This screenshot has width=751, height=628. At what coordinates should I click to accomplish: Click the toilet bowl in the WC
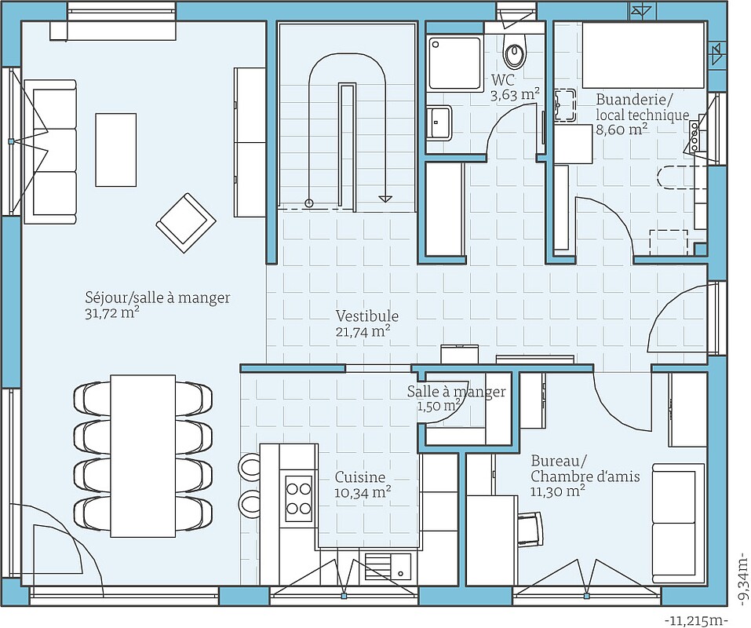515,53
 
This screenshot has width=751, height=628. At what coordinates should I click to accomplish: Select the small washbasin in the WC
439,122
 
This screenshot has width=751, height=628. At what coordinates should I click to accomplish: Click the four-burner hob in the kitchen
298,498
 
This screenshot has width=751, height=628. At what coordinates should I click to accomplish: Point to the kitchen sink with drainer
388,565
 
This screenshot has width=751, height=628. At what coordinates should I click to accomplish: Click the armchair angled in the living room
185,222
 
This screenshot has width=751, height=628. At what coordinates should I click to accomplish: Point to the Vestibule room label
366,316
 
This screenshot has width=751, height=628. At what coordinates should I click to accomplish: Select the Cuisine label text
360,477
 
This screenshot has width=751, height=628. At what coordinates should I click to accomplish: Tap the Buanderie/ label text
634,100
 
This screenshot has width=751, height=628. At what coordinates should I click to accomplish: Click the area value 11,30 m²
557,491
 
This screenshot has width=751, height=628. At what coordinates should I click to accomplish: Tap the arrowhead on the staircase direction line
385,199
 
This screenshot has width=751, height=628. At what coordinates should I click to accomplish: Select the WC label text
502,79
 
